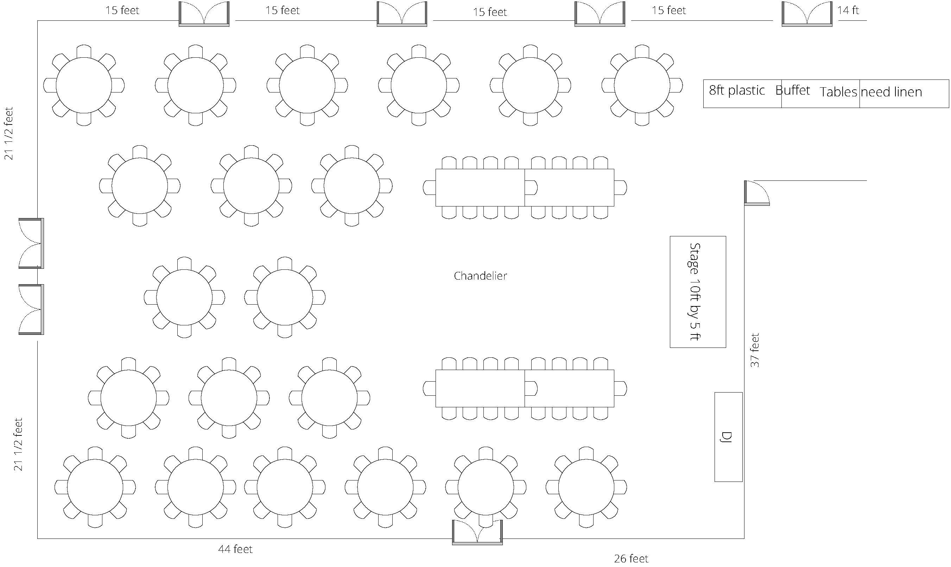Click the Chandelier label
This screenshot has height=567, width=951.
[480, 276]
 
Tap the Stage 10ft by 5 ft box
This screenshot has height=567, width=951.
[698, 292]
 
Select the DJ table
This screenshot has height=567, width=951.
[728, 437]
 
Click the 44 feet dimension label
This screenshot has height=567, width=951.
[235, 549]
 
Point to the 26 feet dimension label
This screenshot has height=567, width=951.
[631, 559]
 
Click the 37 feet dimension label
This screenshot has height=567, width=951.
[755, 350]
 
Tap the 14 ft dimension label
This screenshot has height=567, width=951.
[848, 10]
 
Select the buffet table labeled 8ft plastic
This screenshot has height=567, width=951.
[742, 94]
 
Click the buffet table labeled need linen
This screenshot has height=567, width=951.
[904, 94]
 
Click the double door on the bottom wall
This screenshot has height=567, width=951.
[477, 532]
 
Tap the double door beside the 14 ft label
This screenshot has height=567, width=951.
[807, 14]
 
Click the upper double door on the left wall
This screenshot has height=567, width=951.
[31, 243]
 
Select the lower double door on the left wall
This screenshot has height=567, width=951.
[31, 310]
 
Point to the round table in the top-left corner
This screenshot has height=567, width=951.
[84, 85]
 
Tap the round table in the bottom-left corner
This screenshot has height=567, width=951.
[95, 487]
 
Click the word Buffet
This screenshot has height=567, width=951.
[792, 90]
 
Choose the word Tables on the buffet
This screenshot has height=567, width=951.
[838, 92]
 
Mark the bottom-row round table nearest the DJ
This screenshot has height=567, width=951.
[586, 487]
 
